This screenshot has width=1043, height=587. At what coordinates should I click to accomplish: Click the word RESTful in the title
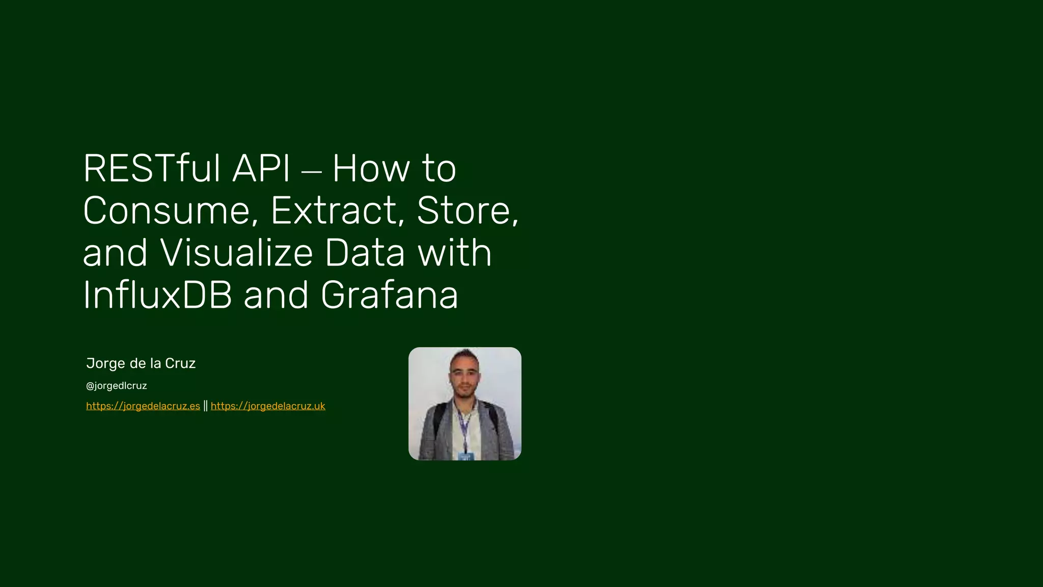[x=151, y=169]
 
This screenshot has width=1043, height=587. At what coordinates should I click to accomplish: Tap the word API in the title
[x=261, y=169]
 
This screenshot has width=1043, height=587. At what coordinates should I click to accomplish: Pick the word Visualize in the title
[x=236, y=253]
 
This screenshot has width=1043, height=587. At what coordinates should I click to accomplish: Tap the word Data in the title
[x=365, y=253]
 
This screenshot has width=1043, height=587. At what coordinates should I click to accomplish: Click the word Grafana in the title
[x=390, y=296]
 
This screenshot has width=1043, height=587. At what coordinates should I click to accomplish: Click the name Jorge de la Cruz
[x=141, y=363]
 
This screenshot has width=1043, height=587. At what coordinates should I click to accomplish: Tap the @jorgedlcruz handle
[x=117, y=386]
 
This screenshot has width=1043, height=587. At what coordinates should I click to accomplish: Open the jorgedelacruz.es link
[x=143, y=406]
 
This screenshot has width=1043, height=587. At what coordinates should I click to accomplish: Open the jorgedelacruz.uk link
[x=268, y=406]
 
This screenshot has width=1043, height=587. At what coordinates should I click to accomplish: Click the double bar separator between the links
[x=205, y=406]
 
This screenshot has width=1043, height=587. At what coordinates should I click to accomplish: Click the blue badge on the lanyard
[x=465, y=456]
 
